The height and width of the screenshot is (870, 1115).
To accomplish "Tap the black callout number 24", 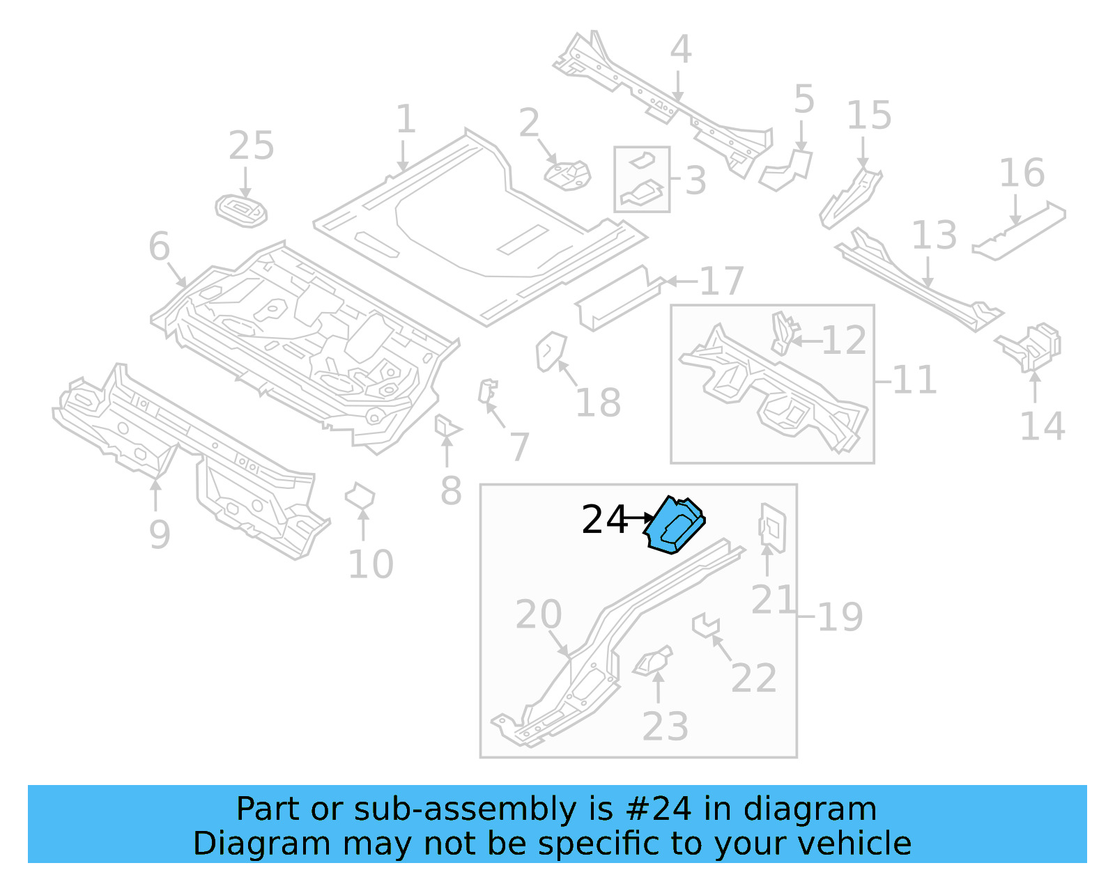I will (603, 520).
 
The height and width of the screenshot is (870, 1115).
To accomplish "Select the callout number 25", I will (251, 146).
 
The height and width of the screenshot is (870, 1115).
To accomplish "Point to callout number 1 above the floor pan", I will (406, 119).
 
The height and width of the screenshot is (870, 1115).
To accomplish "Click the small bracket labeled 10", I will (360, 497).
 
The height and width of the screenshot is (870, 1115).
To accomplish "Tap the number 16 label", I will (1022, 173).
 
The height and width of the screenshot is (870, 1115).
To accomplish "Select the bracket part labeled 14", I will (1033, 345).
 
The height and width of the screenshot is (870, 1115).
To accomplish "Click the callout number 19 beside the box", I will (840, 617).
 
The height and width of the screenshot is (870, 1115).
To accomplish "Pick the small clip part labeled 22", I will (705, 624).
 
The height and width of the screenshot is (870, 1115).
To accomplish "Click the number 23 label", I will (665, 727).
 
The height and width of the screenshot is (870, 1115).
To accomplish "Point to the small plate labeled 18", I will (550, 351).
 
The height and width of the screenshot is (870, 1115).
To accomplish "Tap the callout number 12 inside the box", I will (844, 341).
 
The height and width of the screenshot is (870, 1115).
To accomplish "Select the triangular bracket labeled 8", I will (445, 426).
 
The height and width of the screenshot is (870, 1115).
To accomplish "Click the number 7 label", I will (519, 446).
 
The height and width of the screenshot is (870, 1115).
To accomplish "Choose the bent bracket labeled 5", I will (787, 169).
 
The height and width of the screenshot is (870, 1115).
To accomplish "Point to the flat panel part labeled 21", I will (772, 528).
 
